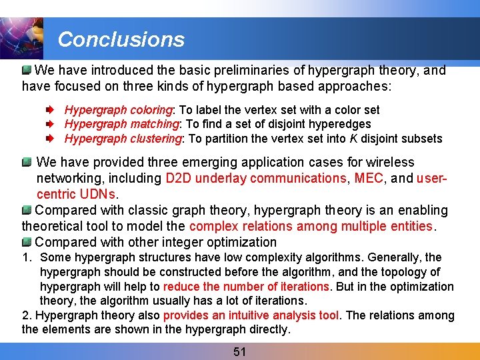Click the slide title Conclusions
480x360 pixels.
point(121,39)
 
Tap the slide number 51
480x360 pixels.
point(240,351)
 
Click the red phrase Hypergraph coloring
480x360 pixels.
point(119,110)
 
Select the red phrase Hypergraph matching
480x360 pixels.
point(122,124)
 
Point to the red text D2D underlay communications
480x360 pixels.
point(255,178)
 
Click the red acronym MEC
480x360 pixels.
point(368,178)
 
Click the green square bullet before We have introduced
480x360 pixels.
point(27,70)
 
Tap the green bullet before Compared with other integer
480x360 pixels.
point(27,241)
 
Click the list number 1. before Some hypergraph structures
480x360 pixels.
point(27,257)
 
